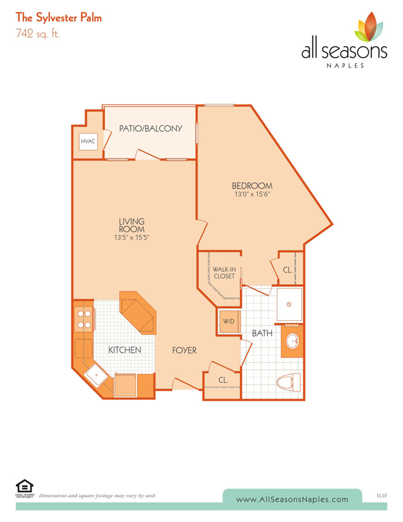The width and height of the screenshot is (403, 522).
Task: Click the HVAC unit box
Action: click(88, 142)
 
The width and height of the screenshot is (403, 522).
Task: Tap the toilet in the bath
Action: click(288, 383)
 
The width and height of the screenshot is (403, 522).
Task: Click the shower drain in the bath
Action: click(289, 304)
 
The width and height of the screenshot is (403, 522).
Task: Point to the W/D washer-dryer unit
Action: click(229, 321)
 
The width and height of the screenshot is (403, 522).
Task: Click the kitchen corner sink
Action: click(96, 375)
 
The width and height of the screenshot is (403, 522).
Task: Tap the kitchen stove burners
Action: click(84, 319)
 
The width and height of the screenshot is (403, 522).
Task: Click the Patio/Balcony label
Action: click(151, 128)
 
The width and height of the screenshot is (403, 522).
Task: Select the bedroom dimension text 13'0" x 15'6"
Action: click(252, 194)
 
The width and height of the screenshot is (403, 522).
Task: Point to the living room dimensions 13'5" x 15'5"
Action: click(132, 237)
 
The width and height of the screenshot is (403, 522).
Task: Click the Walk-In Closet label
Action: click(225, 273)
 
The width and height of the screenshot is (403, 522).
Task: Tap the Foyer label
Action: click(184, 350)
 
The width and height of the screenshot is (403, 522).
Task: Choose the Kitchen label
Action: click(125, 350)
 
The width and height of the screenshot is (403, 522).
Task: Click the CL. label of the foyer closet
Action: click(223, 380)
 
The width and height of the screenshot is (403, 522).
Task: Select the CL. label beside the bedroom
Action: click(288, 270)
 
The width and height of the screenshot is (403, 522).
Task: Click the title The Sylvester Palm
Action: click(59, 18)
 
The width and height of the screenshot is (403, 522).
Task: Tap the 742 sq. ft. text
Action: click(37, 33)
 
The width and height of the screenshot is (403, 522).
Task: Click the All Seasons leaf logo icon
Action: click(370, 27)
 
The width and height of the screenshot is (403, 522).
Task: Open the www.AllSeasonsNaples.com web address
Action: click(292, 500)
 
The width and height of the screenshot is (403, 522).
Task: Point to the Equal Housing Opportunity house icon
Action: click(25, 486)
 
